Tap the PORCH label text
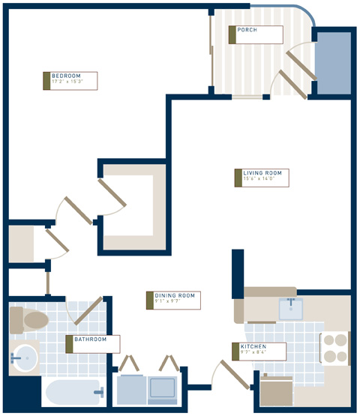247,31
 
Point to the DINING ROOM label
175,296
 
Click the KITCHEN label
253,347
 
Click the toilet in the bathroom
30,321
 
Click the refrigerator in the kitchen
275,390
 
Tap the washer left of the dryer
131,388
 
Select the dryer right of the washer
163,388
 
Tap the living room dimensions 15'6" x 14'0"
259,180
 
